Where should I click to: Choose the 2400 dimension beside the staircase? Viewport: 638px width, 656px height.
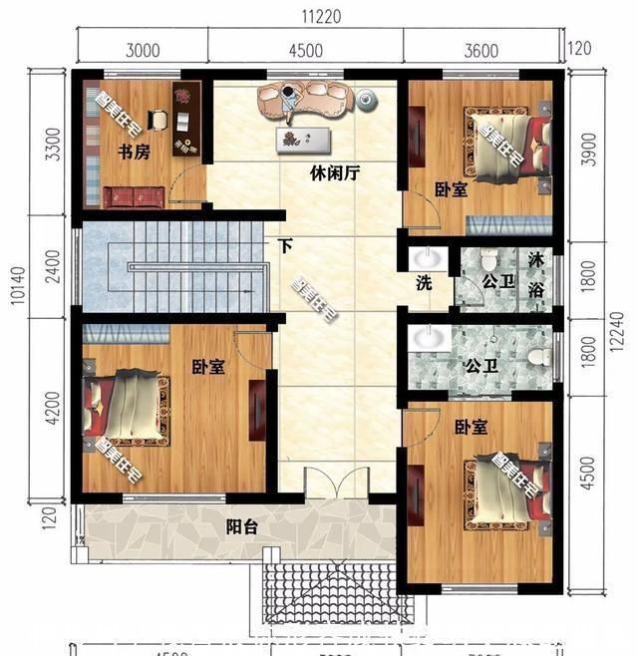51,267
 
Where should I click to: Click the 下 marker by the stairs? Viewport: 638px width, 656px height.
285,246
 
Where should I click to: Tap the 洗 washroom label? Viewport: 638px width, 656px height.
424,282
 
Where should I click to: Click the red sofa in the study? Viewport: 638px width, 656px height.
133,196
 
